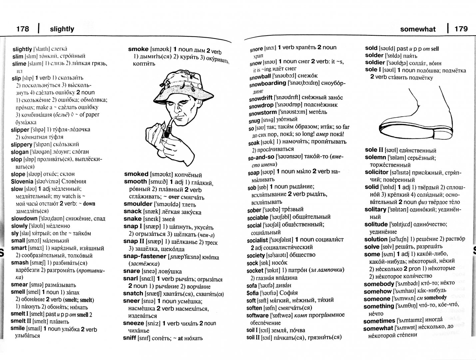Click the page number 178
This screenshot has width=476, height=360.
pyautogui.click(x=23, y=29)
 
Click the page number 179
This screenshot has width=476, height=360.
pyautogui.click(x=461, y=29)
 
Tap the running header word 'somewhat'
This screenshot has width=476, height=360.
pyautogui.click(x=418, y=29)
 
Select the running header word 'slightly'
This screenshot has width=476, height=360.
pyautogui.click(x=62, y=29)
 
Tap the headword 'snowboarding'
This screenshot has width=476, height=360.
pyautogui.click(x=268, y=83)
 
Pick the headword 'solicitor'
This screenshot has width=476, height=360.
pyautogui.click(x=376, y=172)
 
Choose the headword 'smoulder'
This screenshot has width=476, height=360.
pyautogui.click(x=138, y=204)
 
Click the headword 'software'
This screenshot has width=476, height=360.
pyautogui.click(x=257, y=315)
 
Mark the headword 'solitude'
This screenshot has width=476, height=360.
pyautogui.click(x=376, y=224)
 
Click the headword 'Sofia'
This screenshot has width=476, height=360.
pyautogui.click(x=252, y=293)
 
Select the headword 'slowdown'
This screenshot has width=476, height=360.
pyautogui.click(x=24, y=219)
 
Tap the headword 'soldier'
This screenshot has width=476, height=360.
pyautogui.click(x=375, y=62)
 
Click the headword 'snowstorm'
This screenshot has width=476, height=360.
pyautogui.click(x=262, y=112)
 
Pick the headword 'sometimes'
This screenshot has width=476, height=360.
pyautogui.click(x=379, y=321)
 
